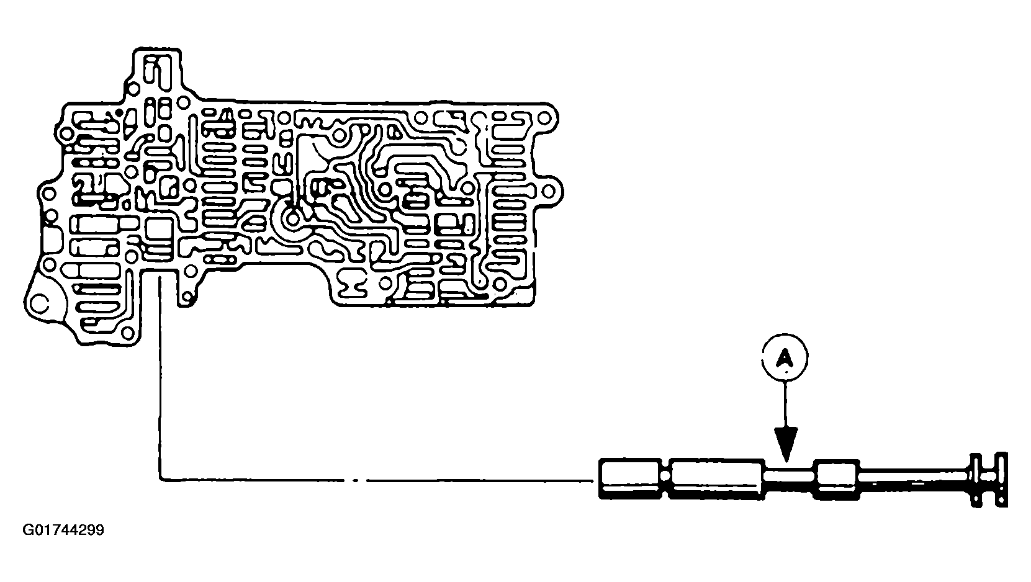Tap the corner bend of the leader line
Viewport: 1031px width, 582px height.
[x=161, y=479]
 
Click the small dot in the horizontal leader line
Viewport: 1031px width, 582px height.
[x=356, y=479]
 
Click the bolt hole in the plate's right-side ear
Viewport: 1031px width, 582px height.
[x=549, y=190]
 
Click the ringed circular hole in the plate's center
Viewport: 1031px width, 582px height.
[x=292, y=217]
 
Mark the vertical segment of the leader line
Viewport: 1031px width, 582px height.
[x=161, y=378]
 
